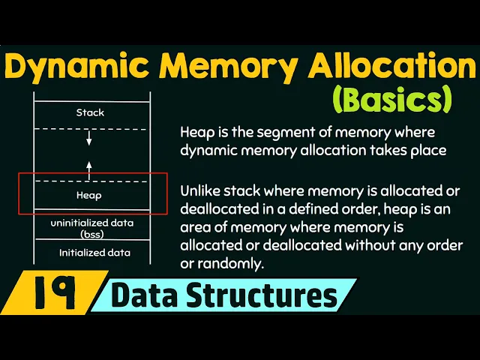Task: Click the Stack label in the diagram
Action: (90, 112)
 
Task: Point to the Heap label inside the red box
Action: (89, 195)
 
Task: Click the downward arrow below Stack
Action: (89, 139)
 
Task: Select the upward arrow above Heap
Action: (89, 168)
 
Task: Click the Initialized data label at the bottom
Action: (94, 253)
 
